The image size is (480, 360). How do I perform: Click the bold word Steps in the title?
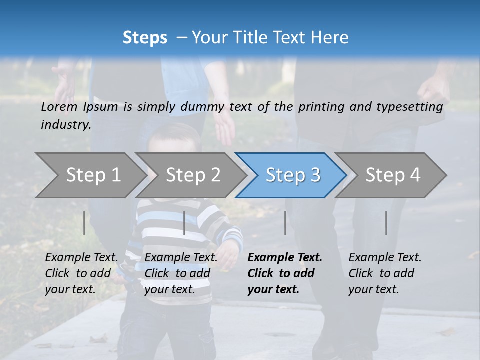click(x=145, y=38)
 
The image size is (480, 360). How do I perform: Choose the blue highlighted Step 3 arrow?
click(x=293, y=175)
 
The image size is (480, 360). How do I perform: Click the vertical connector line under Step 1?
click(x=84, y=223)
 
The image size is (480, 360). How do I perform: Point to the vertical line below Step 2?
click(x=184, y=223)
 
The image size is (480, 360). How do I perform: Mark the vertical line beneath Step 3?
click(x=285, y=223)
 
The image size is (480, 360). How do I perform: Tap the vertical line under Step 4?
click(x=386, y=223)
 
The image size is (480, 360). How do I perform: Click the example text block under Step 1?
click(x=81, y=273)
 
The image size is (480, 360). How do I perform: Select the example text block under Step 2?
click(x=181, y=273)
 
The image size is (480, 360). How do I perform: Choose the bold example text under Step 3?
click(x=285, y=273)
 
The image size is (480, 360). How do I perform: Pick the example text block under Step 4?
click(x=385, y=273)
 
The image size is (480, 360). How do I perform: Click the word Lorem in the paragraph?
click(x=59, y=106)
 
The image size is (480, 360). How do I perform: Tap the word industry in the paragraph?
click(x=66, y=124)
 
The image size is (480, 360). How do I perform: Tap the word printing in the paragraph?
click(x=321, y=107)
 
